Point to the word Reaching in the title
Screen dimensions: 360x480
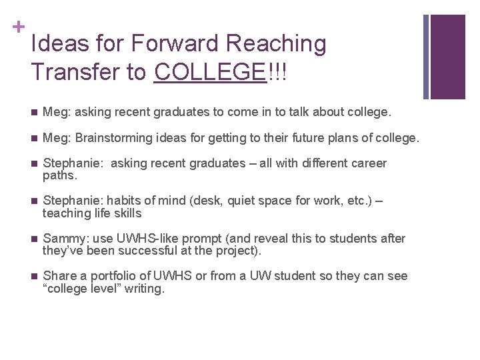277,43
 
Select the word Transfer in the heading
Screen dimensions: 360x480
76,71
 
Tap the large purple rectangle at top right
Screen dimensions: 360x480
448,57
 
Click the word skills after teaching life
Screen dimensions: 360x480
127,214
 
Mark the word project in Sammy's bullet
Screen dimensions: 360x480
238,251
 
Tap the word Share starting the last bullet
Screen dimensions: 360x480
58,276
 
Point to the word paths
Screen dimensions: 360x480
59,176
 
